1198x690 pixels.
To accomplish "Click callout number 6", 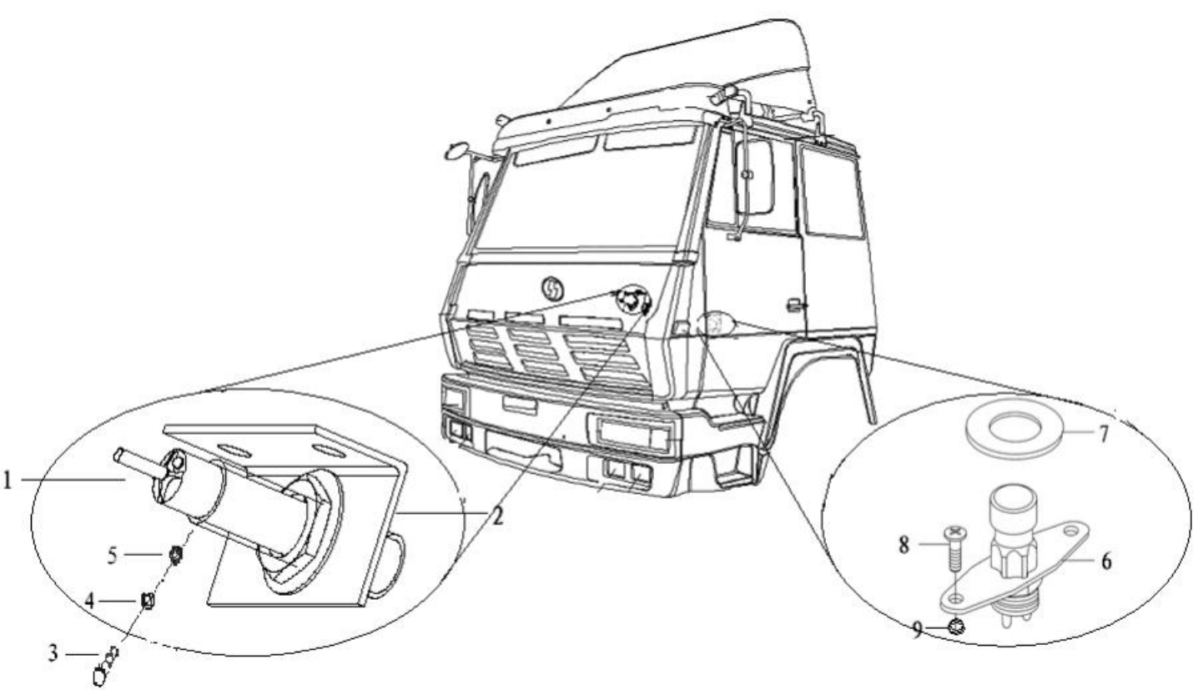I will [x=1106, y=562].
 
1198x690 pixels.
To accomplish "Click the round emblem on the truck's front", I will [x=551, y=288].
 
